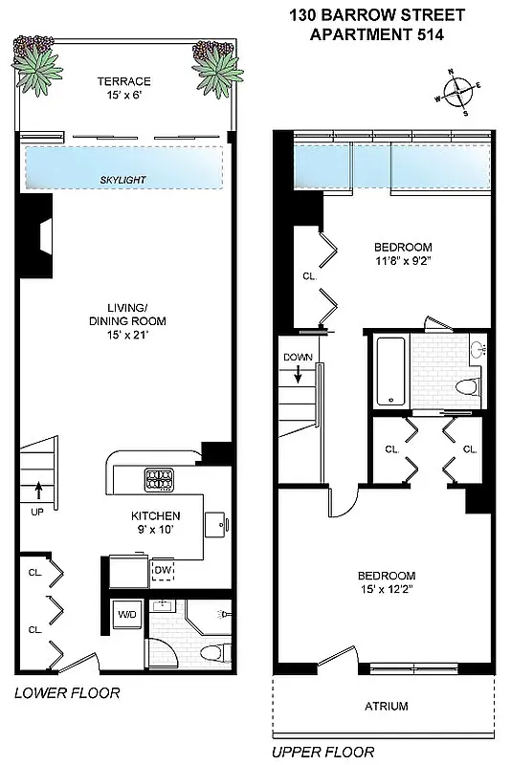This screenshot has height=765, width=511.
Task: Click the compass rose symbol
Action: tap(460, 94)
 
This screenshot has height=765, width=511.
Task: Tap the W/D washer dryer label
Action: tap(126, 613)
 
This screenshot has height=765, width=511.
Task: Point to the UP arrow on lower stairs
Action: tap(38, 492)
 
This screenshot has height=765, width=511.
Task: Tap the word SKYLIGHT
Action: tap(123, 180)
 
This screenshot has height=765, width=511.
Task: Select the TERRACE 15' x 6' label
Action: tap(123, 88)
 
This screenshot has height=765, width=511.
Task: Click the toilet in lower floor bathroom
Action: tap(214, 652)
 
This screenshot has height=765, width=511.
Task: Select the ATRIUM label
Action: tap(386, 707)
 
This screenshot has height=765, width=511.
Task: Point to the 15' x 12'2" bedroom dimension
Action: tap(387, 589)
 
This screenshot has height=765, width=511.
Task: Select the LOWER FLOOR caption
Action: tap(67, 693)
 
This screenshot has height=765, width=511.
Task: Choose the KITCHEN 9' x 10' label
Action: tap(155, 523)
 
